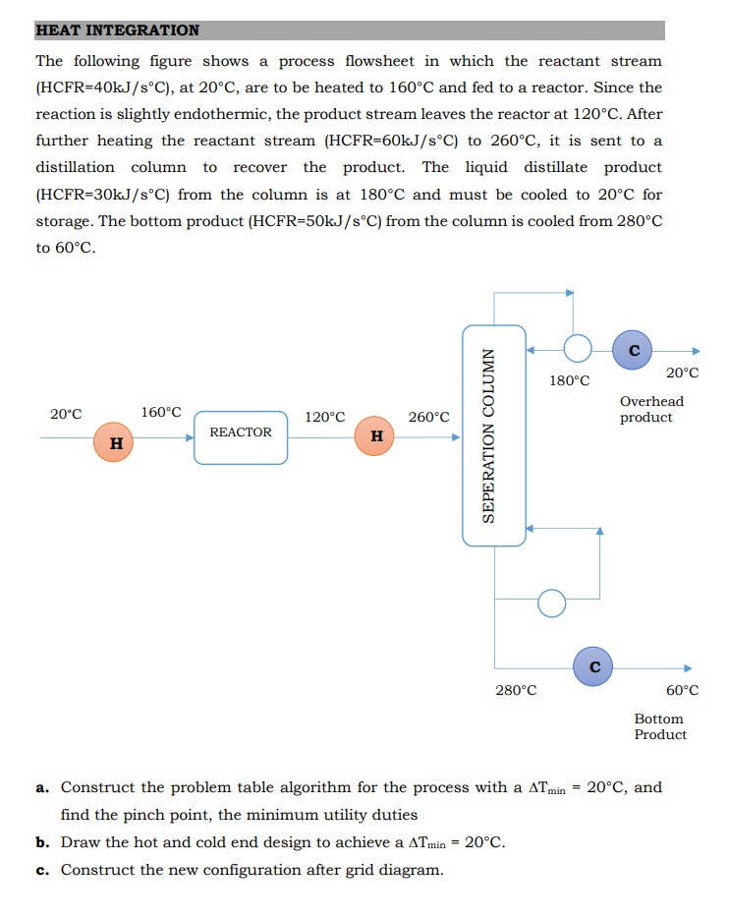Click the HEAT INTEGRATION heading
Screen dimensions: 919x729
118,30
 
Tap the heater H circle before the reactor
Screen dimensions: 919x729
116,442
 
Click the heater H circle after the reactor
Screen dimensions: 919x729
376,435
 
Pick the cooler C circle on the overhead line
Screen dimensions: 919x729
634,350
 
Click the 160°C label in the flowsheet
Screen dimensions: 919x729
161,412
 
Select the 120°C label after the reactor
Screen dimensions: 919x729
325,417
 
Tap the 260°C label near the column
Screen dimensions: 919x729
428,417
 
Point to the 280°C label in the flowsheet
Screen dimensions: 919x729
516,690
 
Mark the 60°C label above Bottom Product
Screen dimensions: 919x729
682,690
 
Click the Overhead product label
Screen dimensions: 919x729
651,409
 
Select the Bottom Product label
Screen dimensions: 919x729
659,726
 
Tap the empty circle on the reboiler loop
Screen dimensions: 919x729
552,603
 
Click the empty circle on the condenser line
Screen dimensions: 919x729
578,349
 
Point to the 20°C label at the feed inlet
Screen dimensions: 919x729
66,414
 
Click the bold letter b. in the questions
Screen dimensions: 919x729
43,842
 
